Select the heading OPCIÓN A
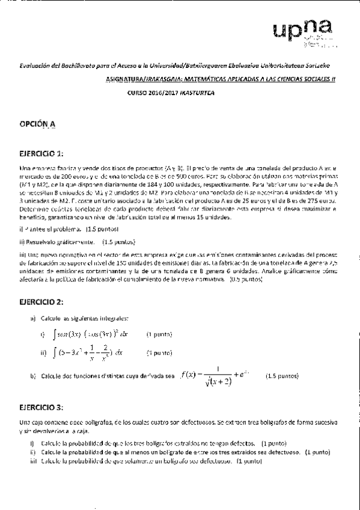37,124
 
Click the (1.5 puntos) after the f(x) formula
282,376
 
